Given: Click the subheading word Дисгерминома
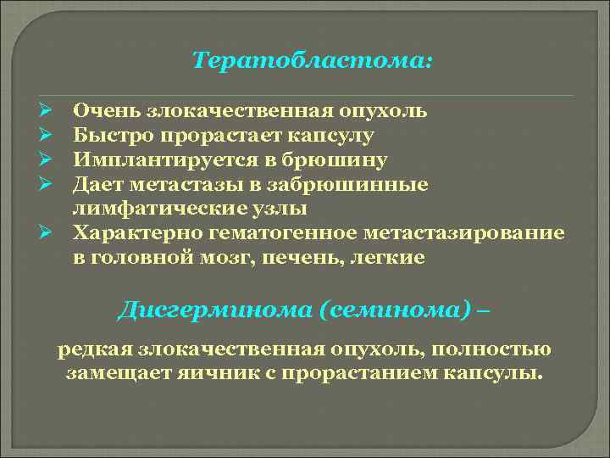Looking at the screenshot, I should [x=214, y=310].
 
